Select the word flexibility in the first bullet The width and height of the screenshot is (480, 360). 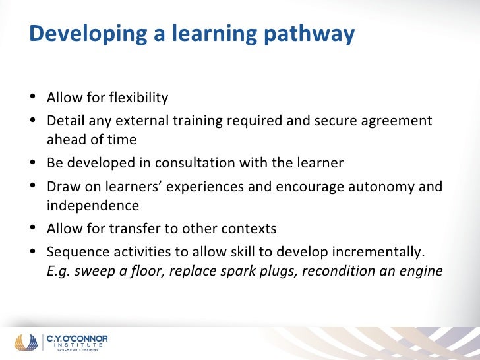[135, 98]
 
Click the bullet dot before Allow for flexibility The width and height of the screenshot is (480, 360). [34, 98]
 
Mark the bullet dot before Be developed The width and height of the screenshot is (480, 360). [34, 162]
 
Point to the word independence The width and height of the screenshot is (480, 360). [92, 205]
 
